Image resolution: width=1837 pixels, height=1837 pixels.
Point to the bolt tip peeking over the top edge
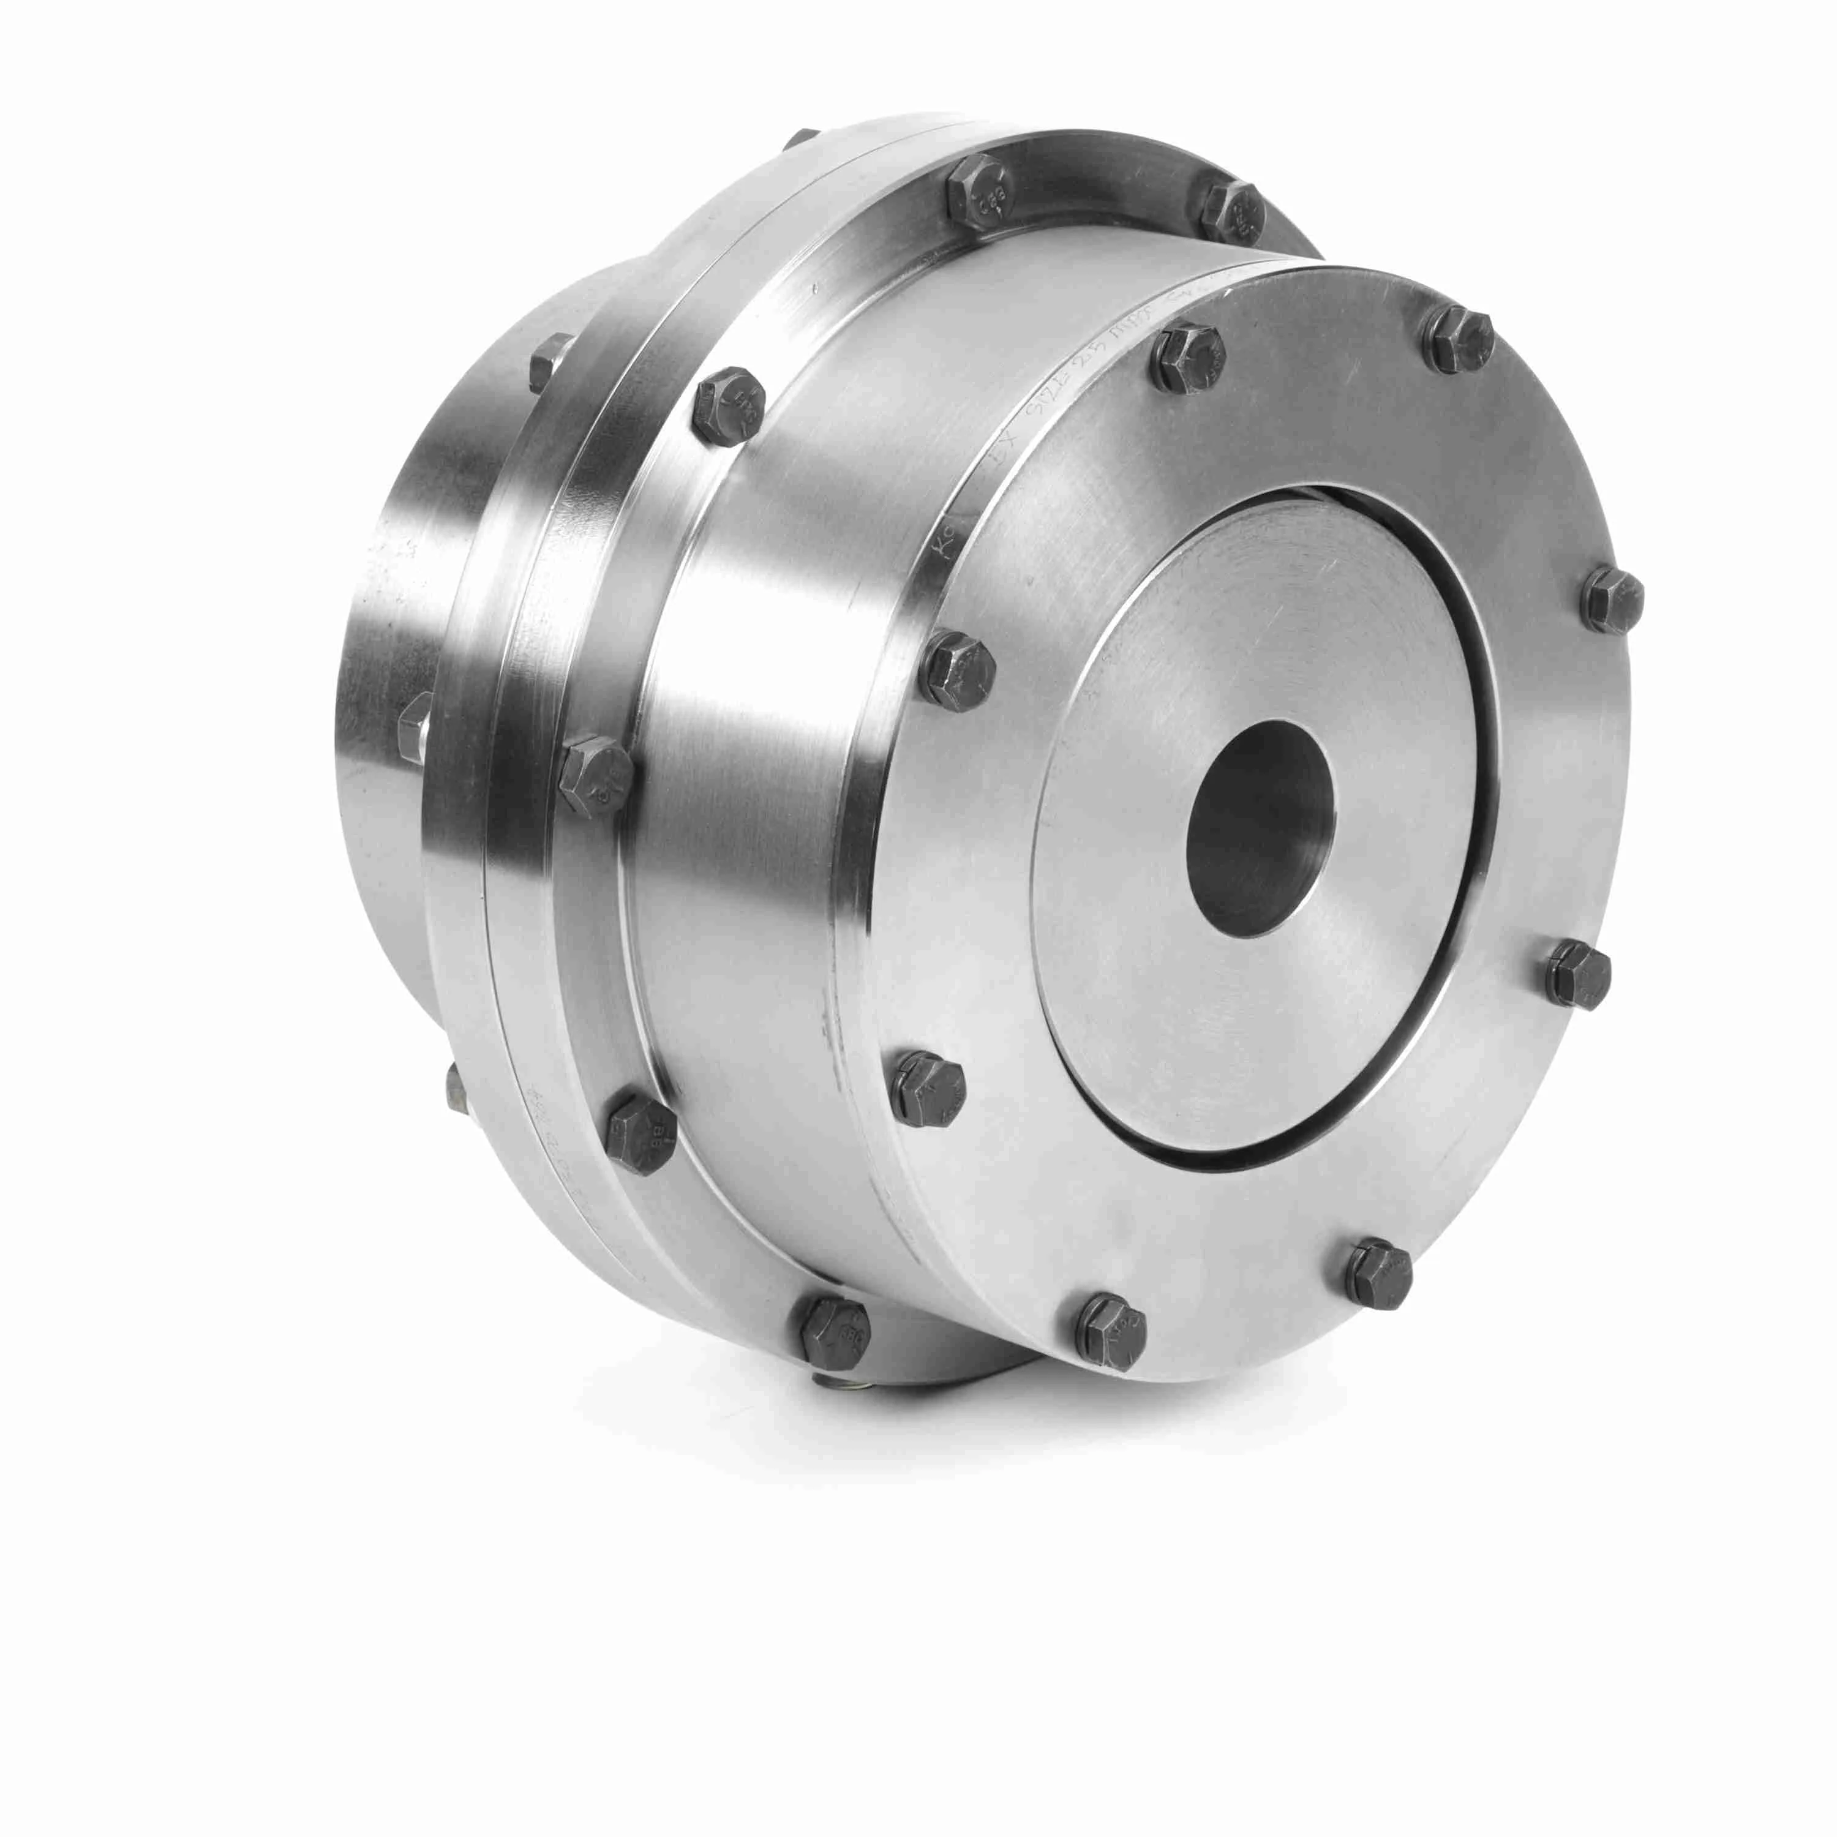pyautogui.click(x=803, y=139)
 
